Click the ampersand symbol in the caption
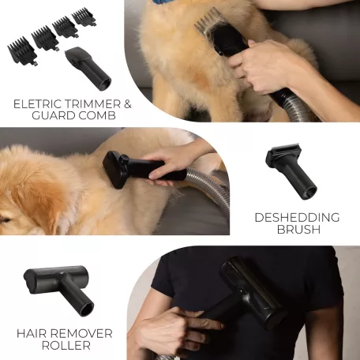[127, 104]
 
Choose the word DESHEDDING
[297, 218]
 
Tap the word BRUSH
[298, 229]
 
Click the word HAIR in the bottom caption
[32, 334]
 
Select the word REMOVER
[81, 334]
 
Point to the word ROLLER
[66, 345]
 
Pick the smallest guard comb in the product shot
[84, 17]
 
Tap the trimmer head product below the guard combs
[88, 68]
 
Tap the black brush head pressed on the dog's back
[115, 170]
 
